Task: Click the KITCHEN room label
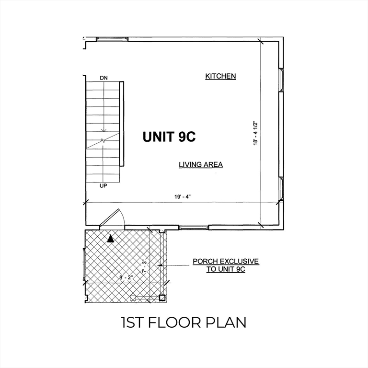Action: click(x=220, y=76)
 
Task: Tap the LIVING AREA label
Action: click(x=201, y=165)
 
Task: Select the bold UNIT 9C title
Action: click(x=169, y=137)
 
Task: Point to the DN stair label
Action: click(x=103, y=78)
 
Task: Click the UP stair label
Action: click(x=103, y=186)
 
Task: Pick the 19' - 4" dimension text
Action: click(x=183, y=196)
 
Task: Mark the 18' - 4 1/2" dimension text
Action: click(x=255, y=133)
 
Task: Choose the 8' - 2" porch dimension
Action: click(x=126, y=277)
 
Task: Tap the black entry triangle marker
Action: click(x=111, y=239)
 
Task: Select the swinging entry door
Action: click(x=110, y=218)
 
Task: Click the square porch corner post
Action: click(x=162, y=298)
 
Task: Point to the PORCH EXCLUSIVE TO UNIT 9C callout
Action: click(x=226, y=265)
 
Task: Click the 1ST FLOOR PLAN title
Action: click(x=184, y=322)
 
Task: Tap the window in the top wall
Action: click(x=112, y=39)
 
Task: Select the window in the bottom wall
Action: click(x=194, y=227)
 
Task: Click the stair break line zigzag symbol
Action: click(x=103, y=140)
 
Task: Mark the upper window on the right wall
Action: click(x=281, y=80)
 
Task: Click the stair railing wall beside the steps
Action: click(x=122, y=124)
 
